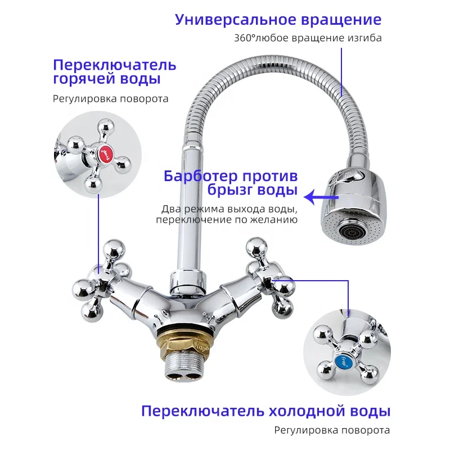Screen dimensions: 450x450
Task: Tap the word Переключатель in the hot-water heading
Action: coord(115,64)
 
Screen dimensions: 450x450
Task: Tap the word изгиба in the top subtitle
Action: coord(365,39)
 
